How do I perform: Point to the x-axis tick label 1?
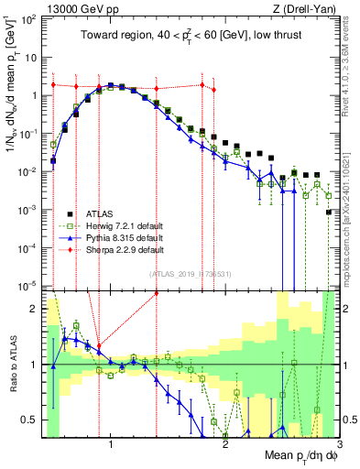tap(111, 445)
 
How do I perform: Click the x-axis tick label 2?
tap(225, 445)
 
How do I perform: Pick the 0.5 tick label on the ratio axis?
tap(29, 420)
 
